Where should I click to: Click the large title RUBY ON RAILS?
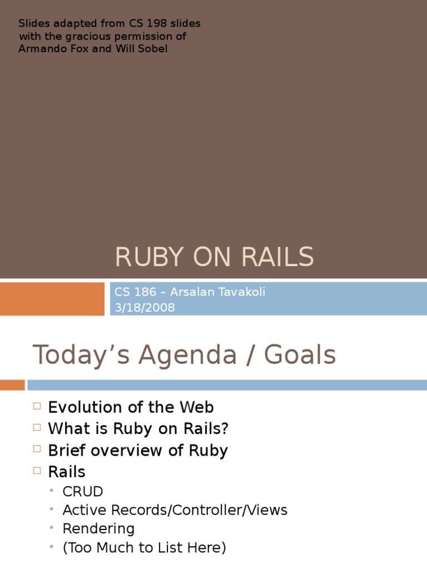point(214,257)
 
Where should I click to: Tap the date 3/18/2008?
point(145,307)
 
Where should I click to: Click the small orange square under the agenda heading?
point(12,385)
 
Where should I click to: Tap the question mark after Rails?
point(225,429)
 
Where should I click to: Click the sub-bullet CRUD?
point(83,492)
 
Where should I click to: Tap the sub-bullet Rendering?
point(98,528)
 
